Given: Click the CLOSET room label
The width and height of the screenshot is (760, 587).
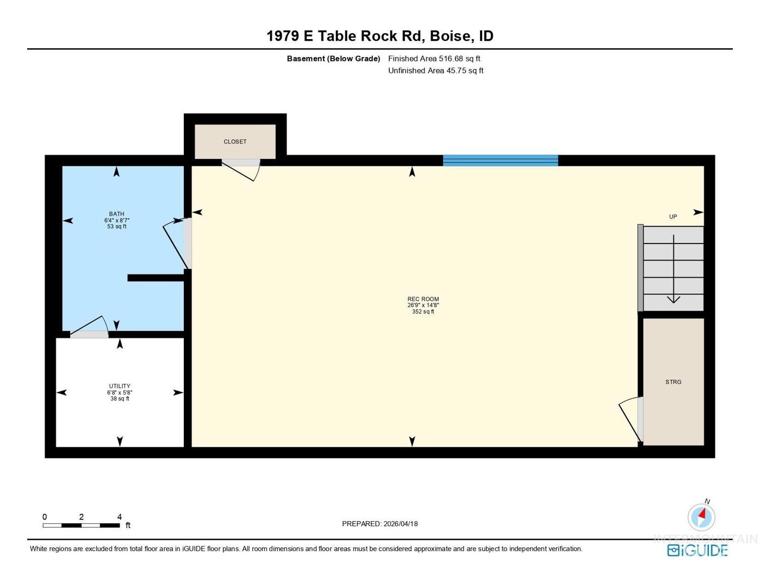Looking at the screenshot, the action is (x=235, y=142).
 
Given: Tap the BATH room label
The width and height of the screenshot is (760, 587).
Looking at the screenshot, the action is (x=116, y=214).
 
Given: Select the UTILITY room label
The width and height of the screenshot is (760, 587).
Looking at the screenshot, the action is (x=120, y=386).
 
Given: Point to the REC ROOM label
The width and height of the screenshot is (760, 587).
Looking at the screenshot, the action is (x=423, y=299).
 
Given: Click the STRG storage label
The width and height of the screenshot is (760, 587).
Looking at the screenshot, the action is (x=673, y=382).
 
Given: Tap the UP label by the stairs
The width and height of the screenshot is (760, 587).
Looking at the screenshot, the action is (x=673, y=217).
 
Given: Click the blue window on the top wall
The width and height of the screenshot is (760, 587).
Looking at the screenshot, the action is (x=501, y=160).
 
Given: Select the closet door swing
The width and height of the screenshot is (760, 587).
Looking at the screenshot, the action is (x=241, y=170).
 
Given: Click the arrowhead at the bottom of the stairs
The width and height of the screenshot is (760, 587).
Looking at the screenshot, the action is (x=673, y=299).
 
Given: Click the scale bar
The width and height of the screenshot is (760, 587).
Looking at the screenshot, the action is (x=81, y=525).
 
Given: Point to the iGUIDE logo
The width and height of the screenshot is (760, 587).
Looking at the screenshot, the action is (x=697, y=550).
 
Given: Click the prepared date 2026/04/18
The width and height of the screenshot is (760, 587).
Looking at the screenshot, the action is (x=401, y=524).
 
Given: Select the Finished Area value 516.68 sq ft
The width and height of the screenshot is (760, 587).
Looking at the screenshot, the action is (x=459, y=59).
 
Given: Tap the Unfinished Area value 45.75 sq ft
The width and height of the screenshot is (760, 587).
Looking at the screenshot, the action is (x=465, y=71).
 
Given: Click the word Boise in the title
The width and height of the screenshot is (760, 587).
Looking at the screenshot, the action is (x=450, y=36).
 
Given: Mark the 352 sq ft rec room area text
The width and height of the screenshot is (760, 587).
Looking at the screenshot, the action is (x=423, y=311).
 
